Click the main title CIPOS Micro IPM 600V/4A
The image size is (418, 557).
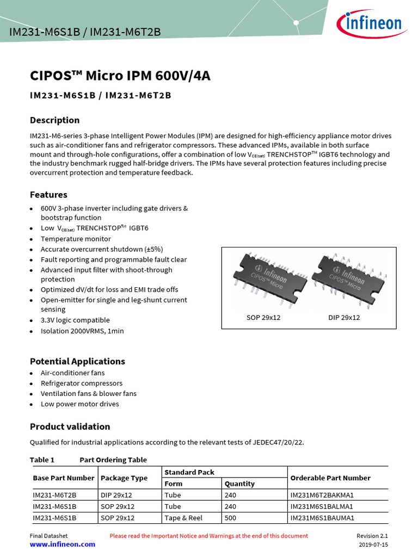tap(120, 76)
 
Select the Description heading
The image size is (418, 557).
tap(54, 120)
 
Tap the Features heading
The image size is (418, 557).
tap(48, 195)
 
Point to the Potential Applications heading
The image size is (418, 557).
tap(77, 361)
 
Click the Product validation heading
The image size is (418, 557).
tap(70, 426)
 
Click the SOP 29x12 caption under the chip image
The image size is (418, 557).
tap(263, 317)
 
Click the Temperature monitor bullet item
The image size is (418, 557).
tap(76, 239)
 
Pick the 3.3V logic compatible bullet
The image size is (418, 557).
tap(75, 320)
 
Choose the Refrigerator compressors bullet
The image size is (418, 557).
tap(82, 383)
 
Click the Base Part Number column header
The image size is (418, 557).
tap(63, 478)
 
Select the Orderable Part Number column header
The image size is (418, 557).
tap(330, 478)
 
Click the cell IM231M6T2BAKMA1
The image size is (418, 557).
tap(322, 496)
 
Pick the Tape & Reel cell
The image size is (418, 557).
tap(183, 518)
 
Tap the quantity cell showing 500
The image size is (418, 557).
tap(231, 518)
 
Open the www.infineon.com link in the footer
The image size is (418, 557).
tap(62, 544)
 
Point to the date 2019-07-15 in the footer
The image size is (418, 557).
tap(373, 544)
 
